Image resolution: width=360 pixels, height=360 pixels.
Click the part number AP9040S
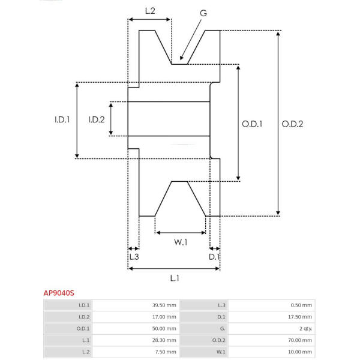click(59, 293)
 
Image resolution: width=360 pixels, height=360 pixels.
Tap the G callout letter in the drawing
click(203, 13)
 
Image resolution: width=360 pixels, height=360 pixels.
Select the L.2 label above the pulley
click(150, 11)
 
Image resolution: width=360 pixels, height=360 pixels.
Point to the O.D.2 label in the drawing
click(292, 124)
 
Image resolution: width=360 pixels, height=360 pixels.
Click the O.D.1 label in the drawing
click(252, 124)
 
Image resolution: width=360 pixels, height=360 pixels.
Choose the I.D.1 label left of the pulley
click(62, 119)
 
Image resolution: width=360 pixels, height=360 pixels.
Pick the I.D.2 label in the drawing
click(97, 119)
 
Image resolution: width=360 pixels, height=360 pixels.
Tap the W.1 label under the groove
click(181, 242)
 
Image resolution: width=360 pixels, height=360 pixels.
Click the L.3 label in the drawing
click(134, 257)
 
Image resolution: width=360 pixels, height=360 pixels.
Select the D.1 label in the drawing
click(214, 257)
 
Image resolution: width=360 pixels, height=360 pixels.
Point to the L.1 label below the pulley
click(175, 278)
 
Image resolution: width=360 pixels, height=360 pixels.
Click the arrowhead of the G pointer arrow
click(181, 58)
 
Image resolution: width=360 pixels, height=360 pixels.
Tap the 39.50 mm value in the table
click(164, 305)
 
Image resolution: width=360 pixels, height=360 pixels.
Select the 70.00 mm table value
click(300, 340)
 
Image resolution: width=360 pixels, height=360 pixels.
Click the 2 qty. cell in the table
click(305, 329)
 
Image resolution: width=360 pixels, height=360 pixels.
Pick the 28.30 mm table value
click(164, 340)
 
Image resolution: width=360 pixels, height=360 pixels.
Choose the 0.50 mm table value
click(301, 305)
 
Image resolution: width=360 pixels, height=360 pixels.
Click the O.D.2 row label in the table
click(218, 340)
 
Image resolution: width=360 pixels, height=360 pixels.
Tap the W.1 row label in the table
click(221, 352)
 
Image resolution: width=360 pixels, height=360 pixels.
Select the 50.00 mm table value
click(164, 329)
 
